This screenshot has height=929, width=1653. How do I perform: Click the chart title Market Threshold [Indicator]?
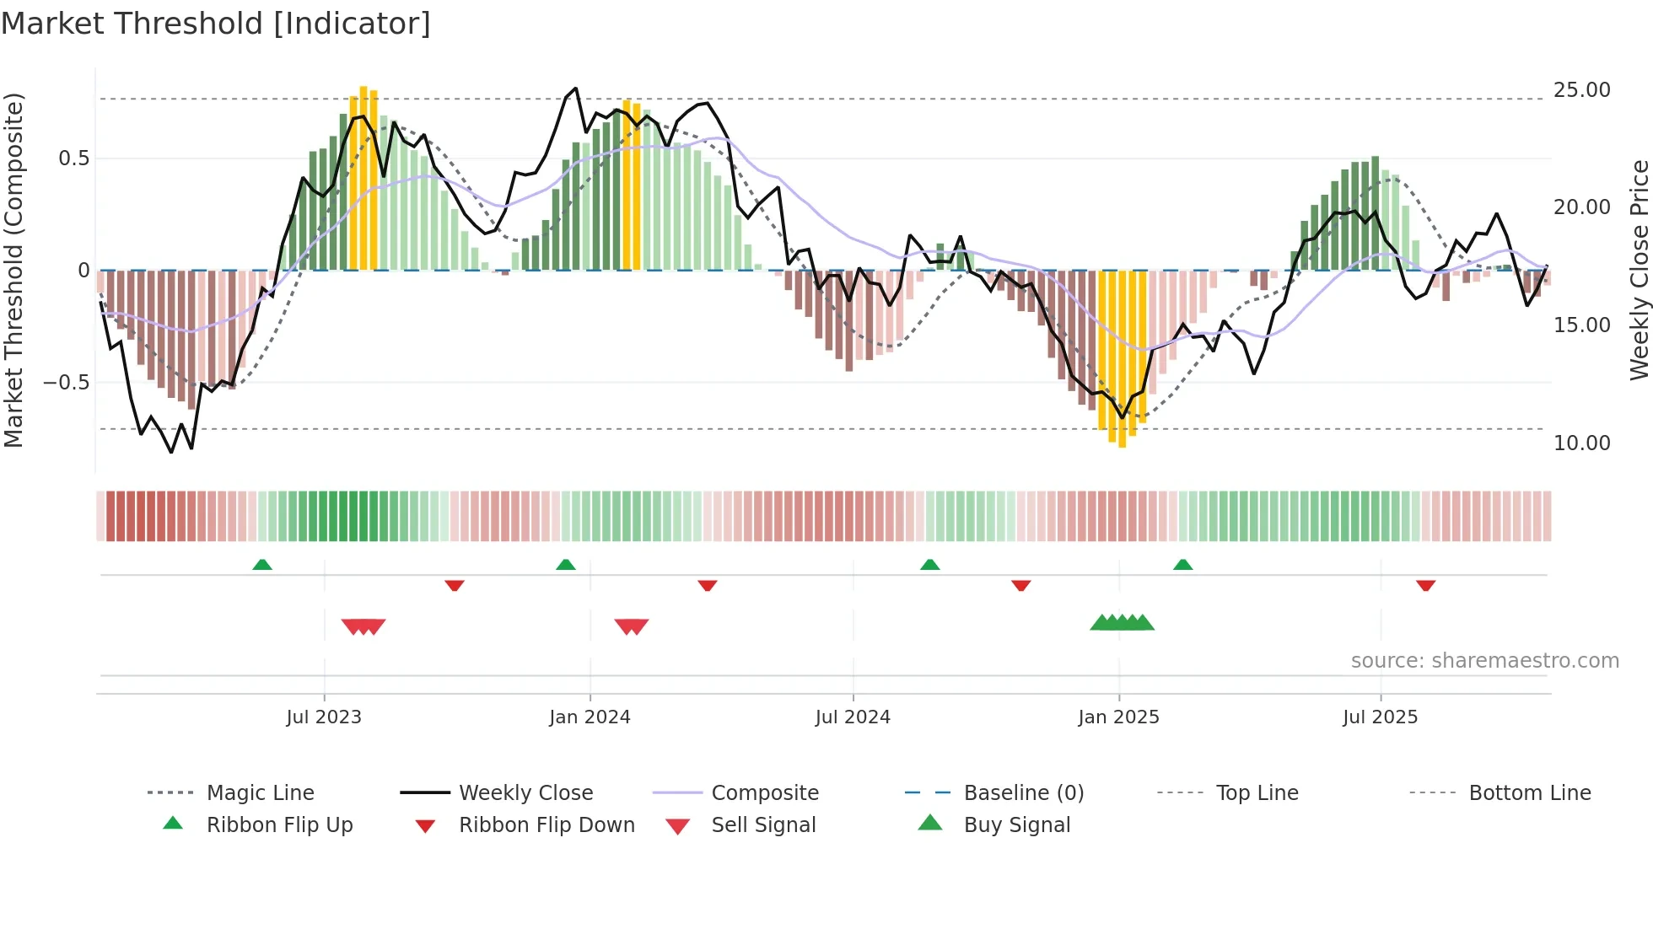(216, 24)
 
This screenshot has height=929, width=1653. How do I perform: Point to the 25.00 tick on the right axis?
(1581, 90)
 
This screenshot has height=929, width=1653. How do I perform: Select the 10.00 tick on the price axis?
(1581, 443)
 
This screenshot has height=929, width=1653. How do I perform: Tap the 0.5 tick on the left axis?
(73, 158)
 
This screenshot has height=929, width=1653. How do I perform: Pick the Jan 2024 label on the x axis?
(590, 717)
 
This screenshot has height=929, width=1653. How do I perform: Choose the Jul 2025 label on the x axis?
(1380, 717)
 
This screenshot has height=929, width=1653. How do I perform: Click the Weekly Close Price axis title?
(1639, 270)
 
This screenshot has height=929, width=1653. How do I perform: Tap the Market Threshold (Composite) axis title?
(13, 270)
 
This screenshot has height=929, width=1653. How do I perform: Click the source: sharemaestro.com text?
(1484, 661)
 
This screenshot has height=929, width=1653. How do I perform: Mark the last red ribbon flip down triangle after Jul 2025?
(1426, 585)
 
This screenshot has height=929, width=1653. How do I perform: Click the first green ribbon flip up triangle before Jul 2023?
(262, 565)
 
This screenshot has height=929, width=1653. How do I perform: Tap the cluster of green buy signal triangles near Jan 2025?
(1122, 623)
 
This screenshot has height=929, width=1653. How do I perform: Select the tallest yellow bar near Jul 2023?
(363, 177)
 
